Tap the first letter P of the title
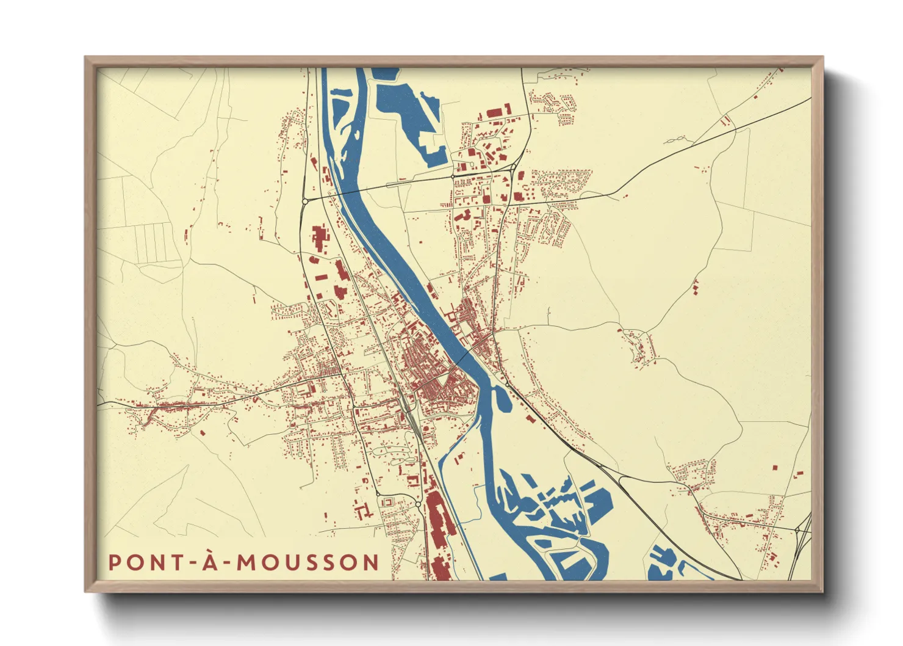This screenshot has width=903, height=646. coord(114,562)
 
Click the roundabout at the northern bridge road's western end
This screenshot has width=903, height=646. coord(305,200)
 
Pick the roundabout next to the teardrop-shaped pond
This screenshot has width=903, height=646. coord(506,383)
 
